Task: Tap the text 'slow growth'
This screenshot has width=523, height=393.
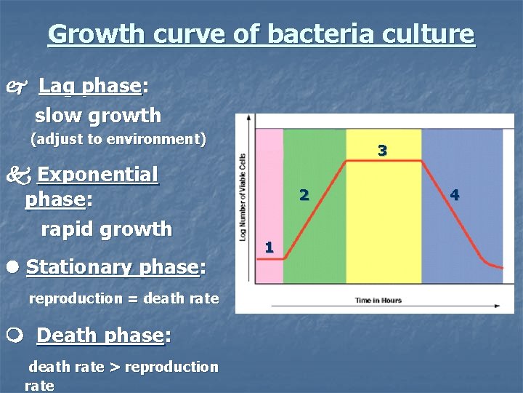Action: tap(98, 115)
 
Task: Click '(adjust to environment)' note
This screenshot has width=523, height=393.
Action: tap(118, 138)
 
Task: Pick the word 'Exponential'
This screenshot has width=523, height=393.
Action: tap(97, 175)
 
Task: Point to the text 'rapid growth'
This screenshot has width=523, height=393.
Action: tap(106, 229)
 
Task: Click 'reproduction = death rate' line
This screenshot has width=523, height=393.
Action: tap(123, 298)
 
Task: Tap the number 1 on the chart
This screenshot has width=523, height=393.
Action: tap(269, 247)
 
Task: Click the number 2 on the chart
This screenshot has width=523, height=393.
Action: tap(304, 194)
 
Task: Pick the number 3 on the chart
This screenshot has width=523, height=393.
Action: tap(382, 151)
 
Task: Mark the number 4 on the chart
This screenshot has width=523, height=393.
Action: tap(455, 194)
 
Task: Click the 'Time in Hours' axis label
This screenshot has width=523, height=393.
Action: tap(378, 300)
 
